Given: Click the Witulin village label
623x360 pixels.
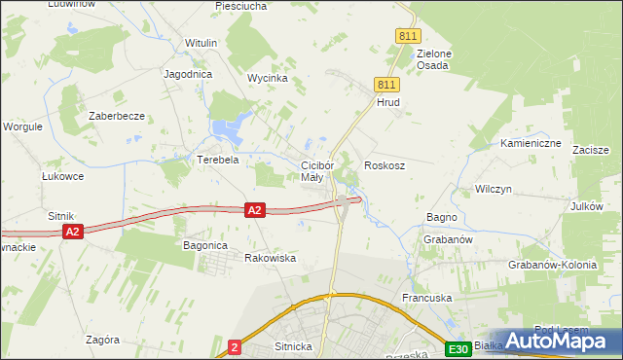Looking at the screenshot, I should coord(202,44).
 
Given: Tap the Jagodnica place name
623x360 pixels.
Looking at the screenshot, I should coord(189,74).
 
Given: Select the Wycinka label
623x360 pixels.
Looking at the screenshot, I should coord(267,78).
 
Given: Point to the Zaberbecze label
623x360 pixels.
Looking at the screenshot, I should coord(117,116).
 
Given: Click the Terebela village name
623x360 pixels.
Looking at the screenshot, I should coord(218,160).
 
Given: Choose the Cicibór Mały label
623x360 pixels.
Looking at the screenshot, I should coord(317,171).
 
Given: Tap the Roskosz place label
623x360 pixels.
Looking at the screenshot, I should coord(385,166).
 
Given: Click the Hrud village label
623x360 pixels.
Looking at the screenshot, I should coord(388,102).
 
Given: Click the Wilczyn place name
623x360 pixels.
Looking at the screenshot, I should coord(494,189).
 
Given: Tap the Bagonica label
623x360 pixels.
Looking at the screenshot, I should coord(205,246).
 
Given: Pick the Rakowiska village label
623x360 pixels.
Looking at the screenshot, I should coord(270,259).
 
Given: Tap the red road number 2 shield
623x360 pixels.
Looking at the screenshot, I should coord(235,346).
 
